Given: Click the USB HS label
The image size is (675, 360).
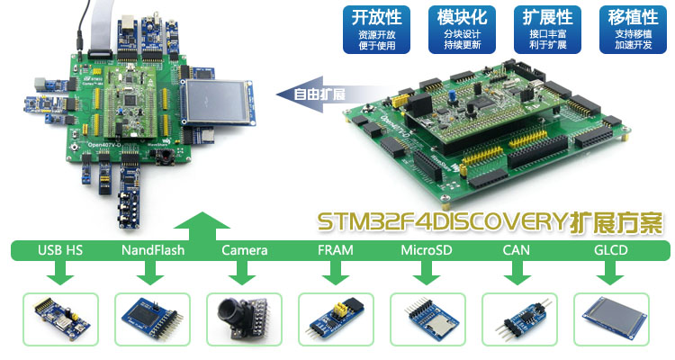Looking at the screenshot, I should (60, 249).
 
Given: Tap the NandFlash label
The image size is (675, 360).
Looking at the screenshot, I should (152, 249).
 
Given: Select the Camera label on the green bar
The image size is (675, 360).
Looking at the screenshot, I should (244, 249).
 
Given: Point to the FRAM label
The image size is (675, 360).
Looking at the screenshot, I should (336, 249).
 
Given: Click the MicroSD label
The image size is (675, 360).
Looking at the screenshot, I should (427, 249).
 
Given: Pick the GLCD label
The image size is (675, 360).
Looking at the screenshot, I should (610, 249).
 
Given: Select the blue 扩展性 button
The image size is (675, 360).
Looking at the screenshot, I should (547, 29).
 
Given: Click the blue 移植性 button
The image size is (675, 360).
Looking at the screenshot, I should (633, 29).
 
